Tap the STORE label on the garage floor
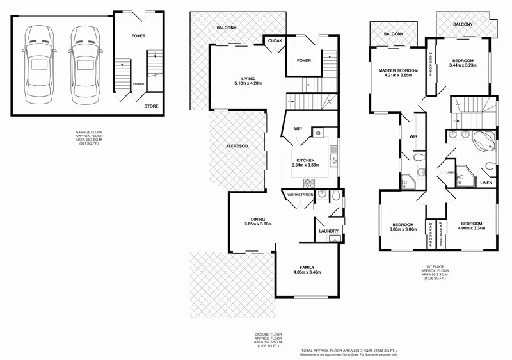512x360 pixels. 151,106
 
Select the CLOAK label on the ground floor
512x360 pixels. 275,40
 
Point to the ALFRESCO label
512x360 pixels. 237,147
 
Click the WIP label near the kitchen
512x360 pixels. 298,129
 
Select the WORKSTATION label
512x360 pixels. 300,193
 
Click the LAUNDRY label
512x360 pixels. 328,231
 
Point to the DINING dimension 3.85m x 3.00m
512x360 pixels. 258,224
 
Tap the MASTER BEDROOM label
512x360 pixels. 397,70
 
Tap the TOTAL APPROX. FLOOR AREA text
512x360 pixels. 349,351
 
